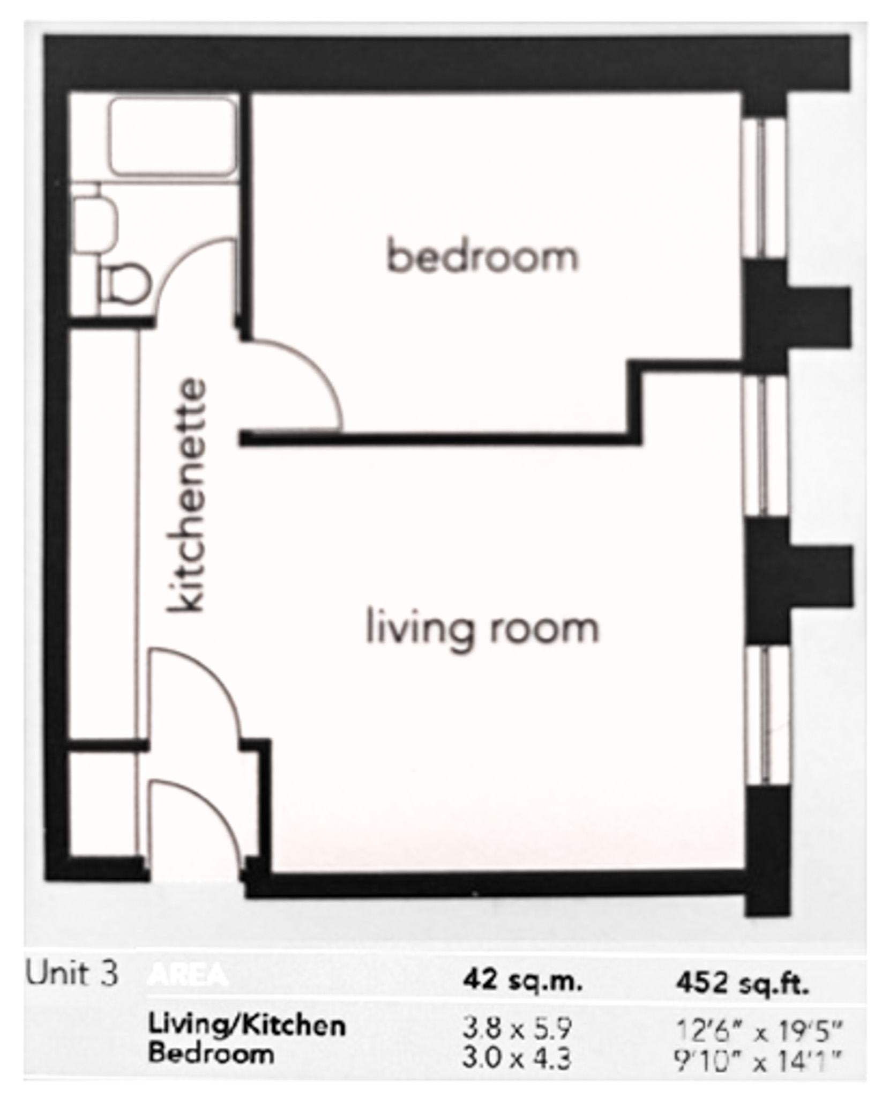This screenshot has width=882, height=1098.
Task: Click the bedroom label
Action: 482,257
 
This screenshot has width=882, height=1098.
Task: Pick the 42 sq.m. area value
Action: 522,981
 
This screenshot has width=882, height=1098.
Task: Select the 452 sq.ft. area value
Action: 742,982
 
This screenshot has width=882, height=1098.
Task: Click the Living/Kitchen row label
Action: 246,1026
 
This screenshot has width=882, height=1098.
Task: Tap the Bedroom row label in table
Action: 211,1053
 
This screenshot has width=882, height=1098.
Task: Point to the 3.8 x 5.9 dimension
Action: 517,1028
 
